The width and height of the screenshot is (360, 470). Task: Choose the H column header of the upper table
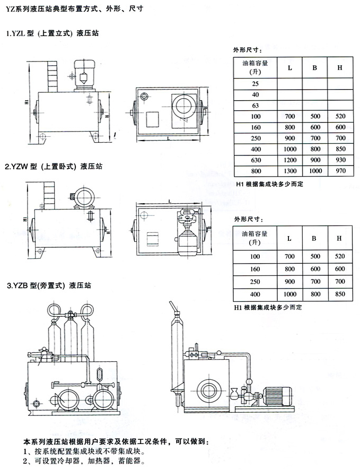[x=340, y=67]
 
